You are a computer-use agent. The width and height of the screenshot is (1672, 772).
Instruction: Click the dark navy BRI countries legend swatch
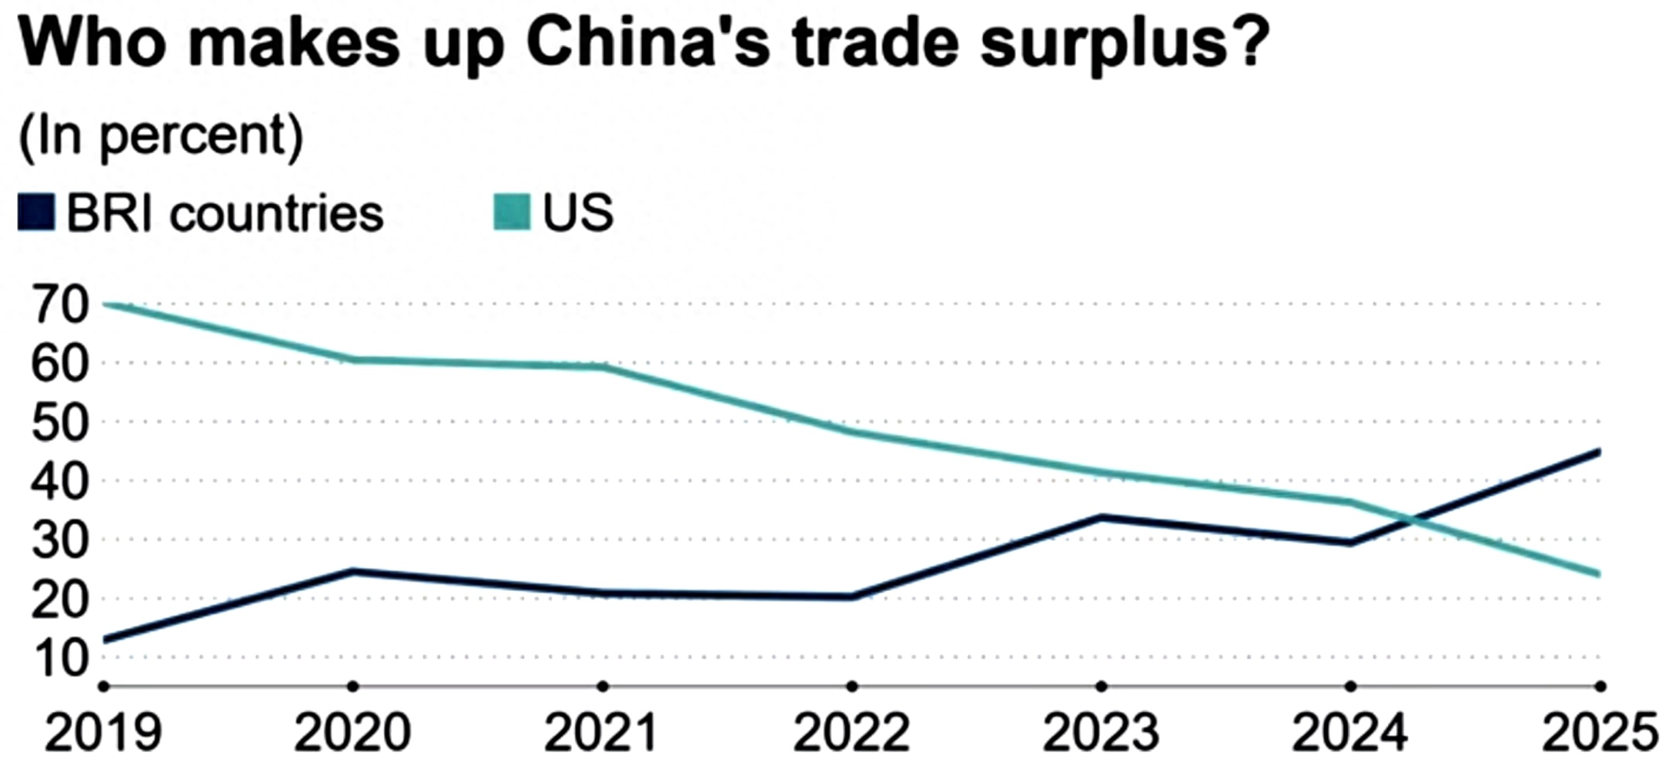click(x=36, y=212)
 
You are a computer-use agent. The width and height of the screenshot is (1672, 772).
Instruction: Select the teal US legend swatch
click(x=512, y=212)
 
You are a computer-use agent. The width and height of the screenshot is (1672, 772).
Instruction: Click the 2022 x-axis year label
click(x=852, y=732)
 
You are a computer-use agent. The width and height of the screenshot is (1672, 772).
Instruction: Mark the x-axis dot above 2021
click(x=603, y=686)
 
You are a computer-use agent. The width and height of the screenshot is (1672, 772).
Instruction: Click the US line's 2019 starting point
click(x=105, y=304)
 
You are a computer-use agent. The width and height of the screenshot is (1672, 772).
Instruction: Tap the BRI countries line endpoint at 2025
click(x=1598, y=452)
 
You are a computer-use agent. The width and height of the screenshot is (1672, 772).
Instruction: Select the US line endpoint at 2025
click(x=1598, y=574)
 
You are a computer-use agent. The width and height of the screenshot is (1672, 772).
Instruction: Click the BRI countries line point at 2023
click(x=1101, y=517)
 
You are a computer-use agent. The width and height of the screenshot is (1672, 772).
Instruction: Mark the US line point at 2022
click(x=852, y=431)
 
